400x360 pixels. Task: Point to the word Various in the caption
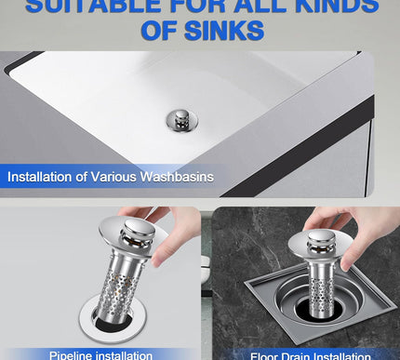click(x=116, y=177)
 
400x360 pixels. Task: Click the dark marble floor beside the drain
click(x=242, y=237)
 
